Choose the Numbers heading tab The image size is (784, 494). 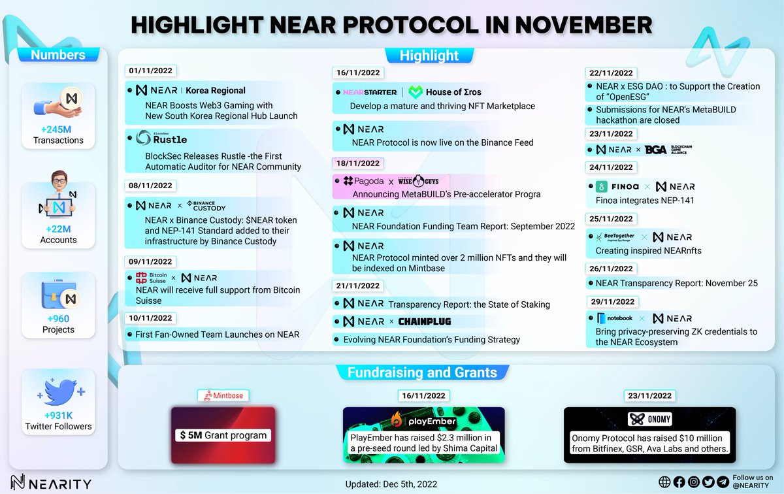(x=58, y=55)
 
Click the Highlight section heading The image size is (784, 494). (x=429, y=56)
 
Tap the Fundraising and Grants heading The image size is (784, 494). (x=422, y=373)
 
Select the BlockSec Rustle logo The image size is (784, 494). (x=163, y=138)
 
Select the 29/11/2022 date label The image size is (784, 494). (x=610, y=302)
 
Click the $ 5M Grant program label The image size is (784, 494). (x=223, y=435)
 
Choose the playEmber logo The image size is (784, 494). (x=424, y=419)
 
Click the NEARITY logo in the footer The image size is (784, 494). (x=47, y=483)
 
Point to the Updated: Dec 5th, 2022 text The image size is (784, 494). (x=391, y=484)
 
